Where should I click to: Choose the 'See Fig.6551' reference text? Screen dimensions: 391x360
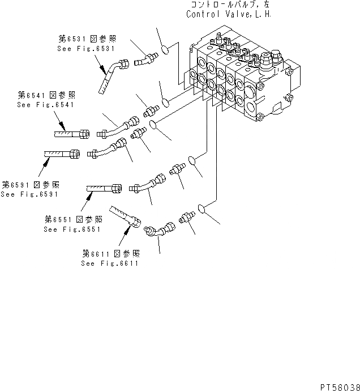[72, 229]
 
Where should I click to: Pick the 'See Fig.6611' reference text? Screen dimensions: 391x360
[110, 263]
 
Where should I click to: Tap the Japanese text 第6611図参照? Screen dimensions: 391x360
[111, 253]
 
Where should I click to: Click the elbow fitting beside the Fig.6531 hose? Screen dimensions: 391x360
[143, 57]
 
